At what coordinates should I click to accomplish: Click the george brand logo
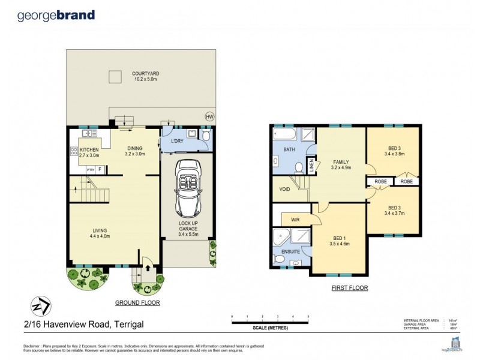(56, 15)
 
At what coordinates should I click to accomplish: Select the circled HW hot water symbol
(209, 116)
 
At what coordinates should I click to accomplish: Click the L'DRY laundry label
(178, 141)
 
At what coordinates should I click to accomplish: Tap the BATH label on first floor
(289, 150)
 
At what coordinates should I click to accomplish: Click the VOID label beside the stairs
(285, 189)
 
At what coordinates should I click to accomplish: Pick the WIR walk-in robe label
(296, 220)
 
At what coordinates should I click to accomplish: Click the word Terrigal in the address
(128, 325)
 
